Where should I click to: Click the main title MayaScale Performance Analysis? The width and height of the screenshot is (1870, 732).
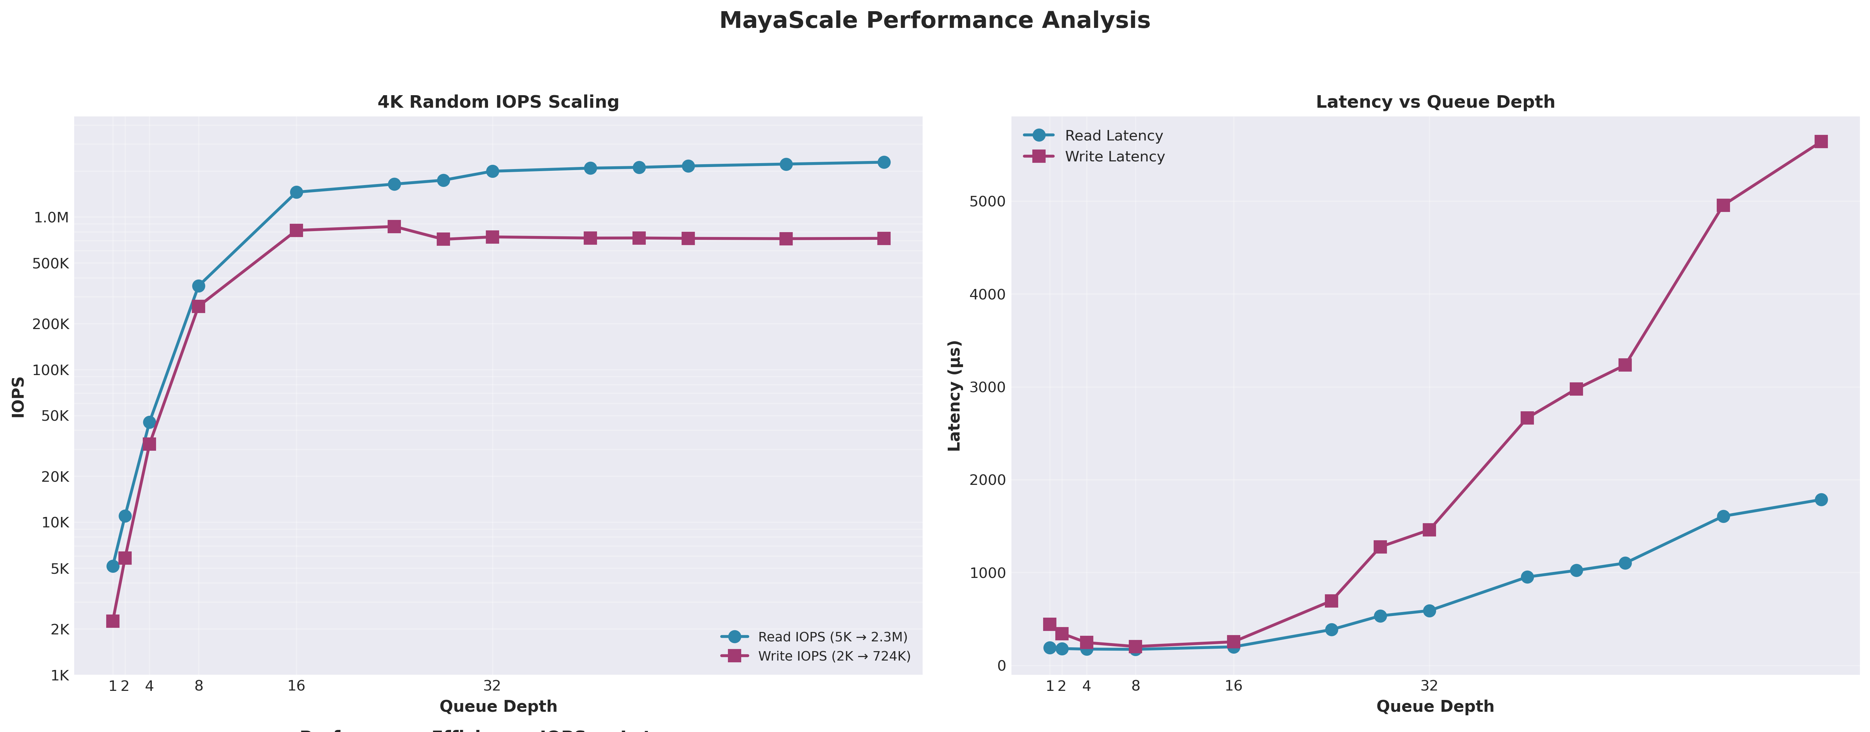point(934,20)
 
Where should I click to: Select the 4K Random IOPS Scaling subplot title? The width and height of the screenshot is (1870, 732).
point(498,102)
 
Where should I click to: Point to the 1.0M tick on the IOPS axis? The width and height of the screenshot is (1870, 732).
point(51,217)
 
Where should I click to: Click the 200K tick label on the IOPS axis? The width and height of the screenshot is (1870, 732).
point(51,324)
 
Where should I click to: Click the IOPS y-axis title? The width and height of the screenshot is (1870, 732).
point(19,397)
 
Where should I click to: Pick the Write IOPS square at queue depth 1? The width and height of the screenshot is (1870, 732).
point(112,621)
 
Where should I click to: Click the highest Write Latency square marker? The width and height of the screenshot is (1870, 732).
point(1821,142)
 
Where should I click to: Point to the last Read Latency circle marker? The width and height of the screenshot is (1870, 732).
point(1821,500)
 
